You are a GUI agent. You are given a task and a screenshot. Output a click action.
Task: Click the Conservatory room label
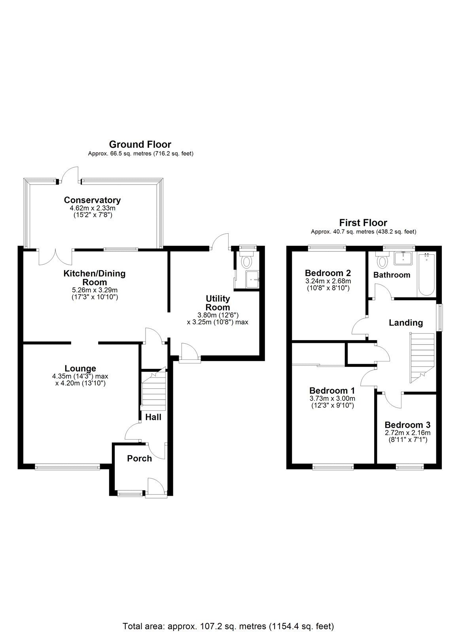(x=92, y=200)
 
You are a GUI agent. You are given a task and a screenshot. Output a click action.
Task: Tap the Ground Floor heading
(x=140, y=145)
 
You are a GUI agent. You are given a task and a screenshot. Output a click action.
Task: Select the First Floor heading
(x=363, y=223)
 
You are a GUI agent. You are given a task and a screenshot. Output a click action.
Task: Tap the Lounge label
(x=81, y=369)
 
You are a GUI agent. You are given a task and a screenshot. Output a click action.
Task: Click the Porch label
(x=139, y=459)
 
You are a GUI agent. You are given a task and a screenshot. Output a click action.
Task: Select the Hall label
(x=153, y=417)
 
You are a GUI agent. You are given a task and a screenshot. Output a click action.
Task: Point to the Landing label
(x=406, y=323)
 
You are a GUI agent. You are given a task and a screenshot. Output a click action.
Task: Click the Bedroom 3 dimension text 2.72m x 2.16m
(x=407, y=433)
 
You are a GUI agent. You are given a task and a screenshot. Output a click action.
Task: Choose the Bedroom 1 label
(x=332, y=390)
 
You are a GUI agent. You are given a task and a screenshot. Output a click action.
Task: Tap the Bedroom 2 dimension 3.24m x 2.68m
(x=328, y=281)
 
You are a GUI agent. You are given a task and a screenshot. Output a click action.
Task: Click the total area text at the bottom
(x=229, y=615)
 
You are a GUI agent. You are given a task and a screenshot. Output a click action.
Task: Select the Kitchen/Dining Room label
(x=95, y=277)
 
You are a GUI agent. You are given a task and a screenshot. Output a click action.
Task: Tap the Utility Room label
(x=218, y=303)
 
